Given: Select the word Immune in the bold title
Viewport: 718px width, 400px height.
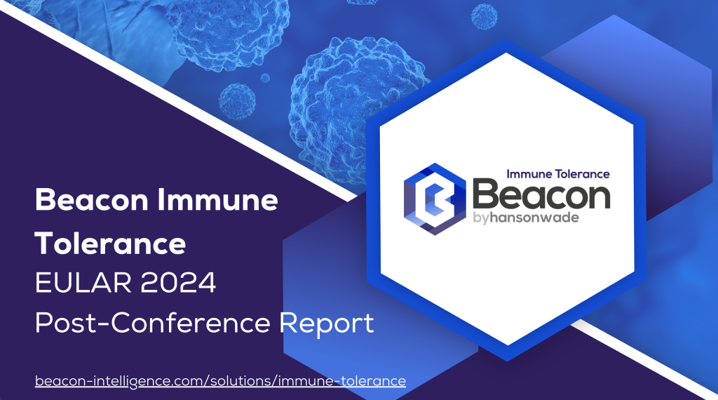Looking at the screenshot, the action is pos(217,200).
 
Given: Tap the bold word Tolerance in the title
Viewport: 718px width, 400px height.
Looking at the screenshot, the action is pos(110,243).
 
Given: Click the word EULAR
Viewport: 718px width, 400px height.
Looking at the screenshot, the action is pos(83,283).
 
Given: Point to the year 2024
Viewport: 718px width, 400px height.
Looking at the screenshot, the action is pos(178,283).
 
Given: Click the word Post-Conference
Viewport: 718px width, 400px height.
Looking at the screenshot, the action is pos(152,323).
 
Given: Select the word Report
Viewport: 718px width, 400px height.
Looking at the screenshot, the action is pos(327,324).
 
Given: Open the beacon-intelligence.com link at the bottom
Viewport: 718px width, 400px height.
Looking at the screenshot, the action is pos(220,381).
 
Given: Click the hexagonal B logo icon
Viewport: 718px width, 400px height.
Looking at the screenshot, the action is pos(435,199).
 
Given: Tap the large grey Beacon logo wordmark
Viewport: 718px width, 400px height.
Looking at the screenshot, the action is pos(541,194).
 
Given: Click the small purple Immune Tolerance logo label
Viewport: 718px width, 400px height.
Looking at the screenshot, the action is pos(558,174).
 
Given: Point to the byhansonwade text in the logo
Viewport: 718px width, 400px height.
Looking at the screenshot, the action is pos(526,218).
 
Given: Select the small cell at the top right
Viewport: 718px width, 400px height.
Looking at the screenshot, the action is pos(484,16).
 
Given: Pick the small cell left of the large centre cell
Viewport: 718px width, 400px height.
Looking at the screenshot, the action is pos(237,102).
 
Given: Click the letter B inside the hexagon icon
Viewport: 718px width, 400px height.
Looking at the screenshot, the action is pos(434,199).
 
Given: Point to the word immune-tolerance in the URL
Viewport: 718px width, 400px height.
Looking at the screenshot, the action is pos(342,381).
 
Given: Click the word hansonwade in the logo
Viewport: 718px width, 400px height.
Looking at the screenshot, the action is pos(534,218).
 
